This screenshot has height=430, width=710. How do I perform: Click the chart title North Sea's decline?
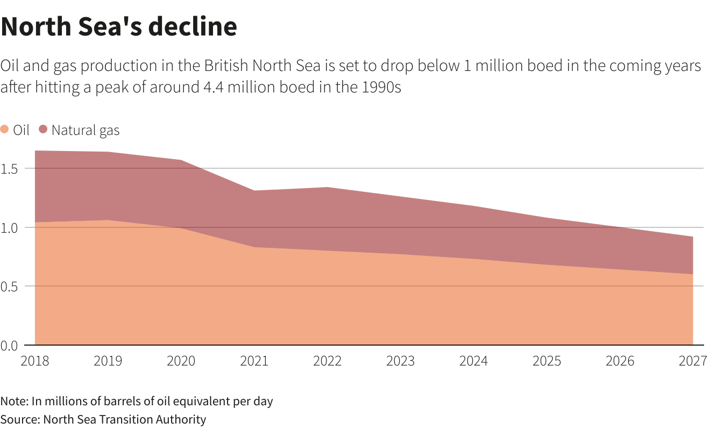click(x=119, y=26)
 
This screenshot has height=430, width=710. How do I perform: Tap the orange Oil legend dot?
click(x=5, y=130)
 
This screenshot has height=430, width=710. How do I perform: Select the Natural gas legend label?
click(x=86, y=130)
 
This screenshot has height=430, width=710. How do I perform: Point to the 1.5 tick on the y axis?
click(x=10, y=169)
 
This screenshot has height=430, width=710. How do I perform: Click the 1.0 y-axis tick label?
click(x=10, y=227)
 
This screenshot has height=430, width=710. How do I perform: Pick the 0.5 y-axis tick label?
click(x=10, y=286)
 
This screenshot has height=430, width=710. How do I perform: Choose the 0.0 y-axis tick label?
click(x=10, y=345)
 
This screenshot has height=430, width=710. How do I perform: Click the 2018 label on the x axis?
click(x=34, y=361)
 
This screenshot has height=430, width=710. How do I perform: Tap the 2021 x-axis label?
click(x=254, y=361)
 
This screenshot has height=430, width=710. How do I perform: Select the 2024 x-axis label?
click(x=473, y=361)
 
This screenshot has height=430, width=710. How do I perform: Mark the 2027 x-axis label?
click(x=692, y=361)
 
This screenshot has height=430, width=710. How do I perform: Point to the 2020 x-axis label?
click(x=181, y=361)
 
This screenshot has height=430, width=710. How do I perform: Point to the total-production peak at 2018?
click(x=35, y=151)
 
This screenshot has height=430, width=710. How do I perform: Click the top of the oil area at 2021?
click(x=254, y=247)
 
